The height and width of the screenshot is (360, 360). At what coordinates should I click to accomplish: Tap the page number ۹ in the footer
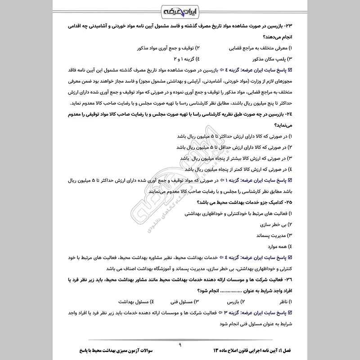coord(179,346)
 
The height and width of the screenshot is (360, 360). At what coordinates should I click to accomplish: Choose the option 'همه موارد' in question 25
coord(275,246)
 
